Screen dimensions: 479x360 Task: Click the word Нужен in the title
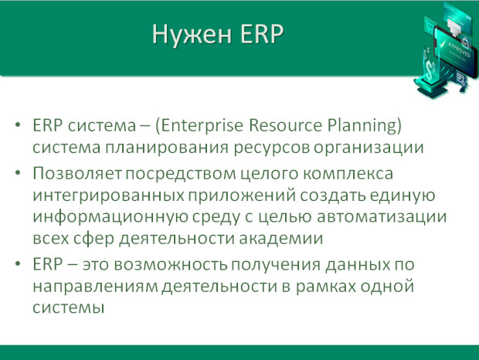pyautogui.click(x=192, y=35)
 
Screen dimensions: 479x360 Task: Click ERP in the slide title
pyautogui.click(x=263, y=34)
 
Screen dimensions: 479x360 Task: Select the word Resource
pyautogui.click(x=286, y=125)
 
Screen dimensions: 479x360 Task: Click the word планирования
pyautogui.click(x=167, y=148)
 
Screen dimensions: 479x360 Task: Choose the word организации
pyautogui.click(x=369, y=148)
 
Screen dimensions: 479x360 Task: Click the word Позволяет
pyautogui.click(x=77, y=174)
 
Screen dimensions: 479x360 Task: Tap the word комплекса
pyautogui.click(x=348, y=174)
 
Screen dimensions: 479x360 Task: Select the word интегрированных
pyautogui.click(x=108, y=195)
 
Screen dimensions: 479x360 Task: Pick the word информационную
pyautogui.click(x=110, y=217)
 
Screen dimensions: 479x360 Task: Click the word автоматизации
pyautogui.click(x=382, y=217)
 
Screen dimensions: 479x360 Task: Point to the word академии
pyautogui.click(x=280, y=239)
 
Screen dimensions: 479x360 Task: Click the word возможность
pyautogui.click(x=171, y=264)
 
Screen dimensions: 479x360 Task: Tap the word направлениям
pyautogui.click(x=95, y=287)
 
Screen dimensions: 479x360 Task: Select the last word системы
pyautogui.click(x=69, y=307)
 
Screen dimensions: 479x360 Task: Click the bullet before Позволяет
pyautogui.click(x=18, y=173)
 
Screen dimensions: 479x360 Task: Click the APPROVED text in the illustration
pyautogui.click(x=459, y=49)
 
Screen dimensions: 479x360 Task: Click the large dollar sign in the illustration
pyautogui.click(x=431, y=70)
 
